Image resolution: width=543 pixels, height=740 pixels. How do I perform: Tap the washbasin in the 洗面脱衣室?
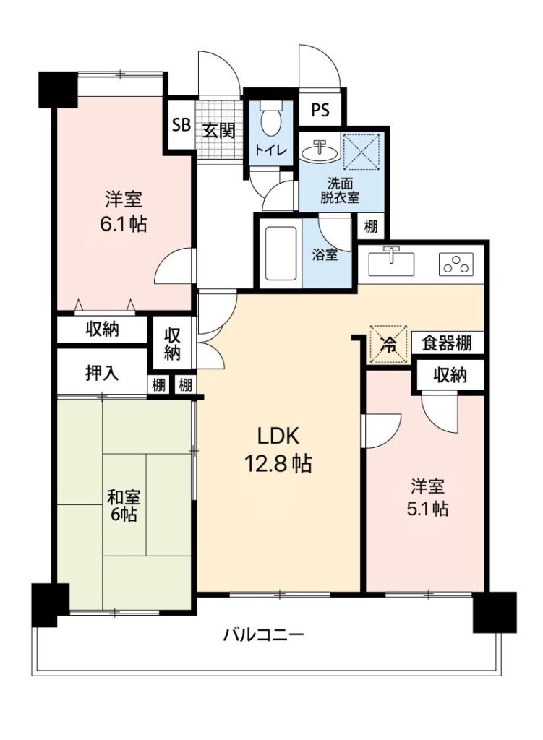coord(319,151)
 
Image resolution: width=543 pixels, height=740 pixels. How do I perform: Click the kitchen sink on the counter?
coord(390,262)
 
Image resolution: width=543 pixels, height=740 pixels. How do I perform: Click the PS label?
coord(320,110)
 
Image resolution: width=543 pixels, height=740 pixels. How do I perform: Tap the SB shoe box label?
coord(181,125)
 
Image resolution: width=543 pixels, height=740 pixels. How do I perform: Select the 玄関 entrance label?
coord(218,130)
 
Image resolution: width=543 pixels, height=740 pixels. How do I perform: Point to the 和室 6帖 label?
coord(124,505)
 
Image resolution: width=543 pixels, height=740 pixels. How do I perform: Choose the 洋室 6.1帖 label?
coord(123,212)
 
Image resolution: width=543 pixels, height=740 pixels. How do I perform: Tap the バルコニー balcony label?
coord(263,634)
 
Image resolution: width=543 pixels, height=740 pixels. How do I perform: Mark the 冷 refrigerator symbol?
coord(388,344)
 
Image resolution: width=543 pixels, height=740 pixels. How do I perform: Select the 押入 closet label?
coord(102,374)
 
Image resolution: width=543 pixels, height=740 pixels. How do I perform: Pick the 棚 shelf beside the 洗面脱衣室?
coord(371,226)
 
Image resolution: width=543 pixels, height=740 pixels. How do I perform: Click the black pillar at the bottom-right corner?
coord(495,611)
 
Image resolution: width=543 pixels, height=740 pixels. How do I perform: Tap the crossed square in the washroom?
coord(362,152)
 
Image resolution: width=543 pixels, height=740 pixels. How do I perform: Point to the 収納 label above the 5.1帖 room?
coord(450,375)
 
